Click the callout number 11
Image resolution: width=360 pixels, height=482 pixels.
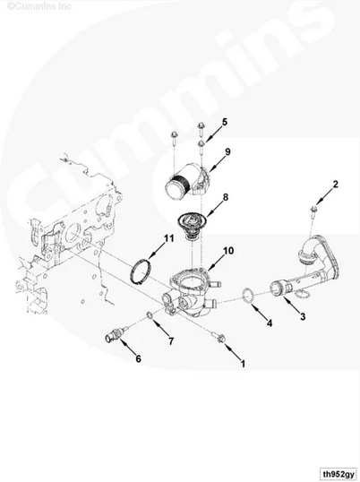point(168,238)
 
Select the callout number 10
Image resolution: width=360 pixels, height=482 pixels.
point(228,251)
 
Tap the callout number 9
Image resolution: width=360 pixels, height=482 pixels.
point(227,151)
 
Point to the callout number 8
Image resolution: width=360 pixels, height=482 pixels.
point(226,197)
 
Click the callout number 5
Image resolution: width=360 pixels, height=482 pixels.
point(225,122)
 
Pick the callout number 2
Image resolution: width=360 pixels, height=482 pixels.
point(336,185)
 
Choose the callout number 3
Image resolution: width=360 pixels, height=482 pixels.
point(303,316)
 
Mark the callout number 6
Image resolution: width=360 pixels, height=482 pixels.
point(139,358)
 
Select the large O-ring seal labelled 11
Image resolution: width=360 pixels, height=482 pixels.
point(133,271)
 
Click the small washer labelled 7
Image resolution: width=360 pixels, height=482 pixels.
point(150,315)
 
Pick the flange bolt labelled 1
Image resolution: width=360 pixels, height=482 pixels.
point(219,337)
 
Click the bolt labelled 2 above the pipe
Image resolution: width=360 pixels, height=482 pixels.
point(313,212)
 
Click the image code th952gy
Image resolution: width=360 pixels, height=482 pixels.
point(338,473)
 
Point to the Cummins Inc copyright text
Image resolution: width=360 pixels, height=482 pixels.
point(39,6)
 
